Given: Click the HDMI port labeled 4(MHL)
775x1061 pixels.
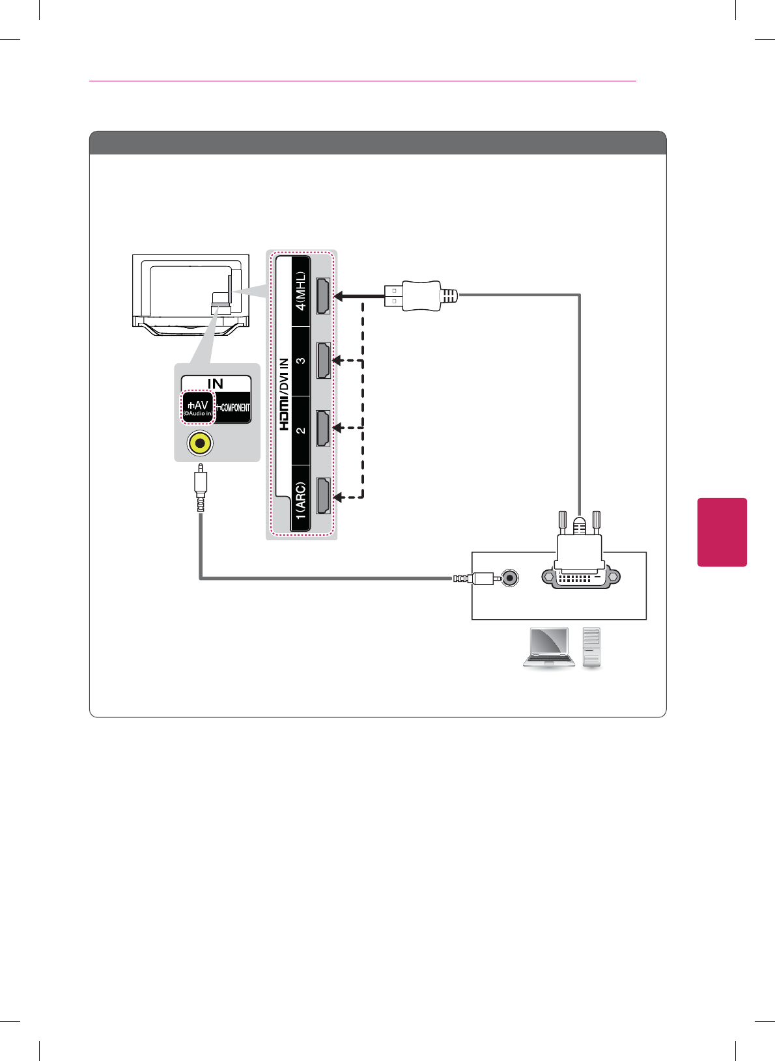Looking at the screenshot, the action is (323, 296).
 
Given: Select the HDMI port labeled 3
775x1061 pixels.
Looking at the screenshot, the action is (323, 361).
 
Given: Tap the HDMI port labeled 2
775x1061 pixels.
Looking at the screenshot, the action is (323, 428).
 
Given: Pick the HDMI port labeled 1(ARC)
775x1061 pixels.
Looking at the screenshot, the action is (323, 497).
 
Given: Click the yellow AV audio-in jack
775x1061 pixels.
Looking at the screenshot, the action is (200, 444).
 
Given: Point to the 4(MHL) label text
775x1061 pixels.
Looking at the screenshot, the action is (301, 291).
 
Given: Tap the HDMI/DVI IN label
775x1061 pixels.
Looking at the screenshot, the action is (284, 394).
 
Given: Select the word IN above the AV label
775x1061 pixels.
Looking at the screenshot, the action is (216, 384).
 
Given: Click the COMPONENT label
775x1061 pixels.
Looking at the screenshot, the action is (234, 408).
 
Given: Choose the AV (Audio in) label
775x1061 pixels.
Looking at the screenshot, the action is (198, 408).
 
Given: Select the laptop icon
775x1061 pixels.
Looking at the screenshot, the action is (549, 648).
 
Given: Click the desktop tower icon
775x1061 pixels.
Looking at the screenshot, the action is (592, 647).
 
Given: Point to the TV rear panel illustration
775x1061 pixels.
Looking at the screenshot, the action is (191, 295).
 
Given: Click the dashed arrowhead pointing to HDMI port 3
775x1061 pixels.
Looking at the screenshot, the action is (337, 361).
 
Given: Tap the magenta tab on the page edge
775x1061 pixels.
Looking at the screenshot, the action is (722, 532).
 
